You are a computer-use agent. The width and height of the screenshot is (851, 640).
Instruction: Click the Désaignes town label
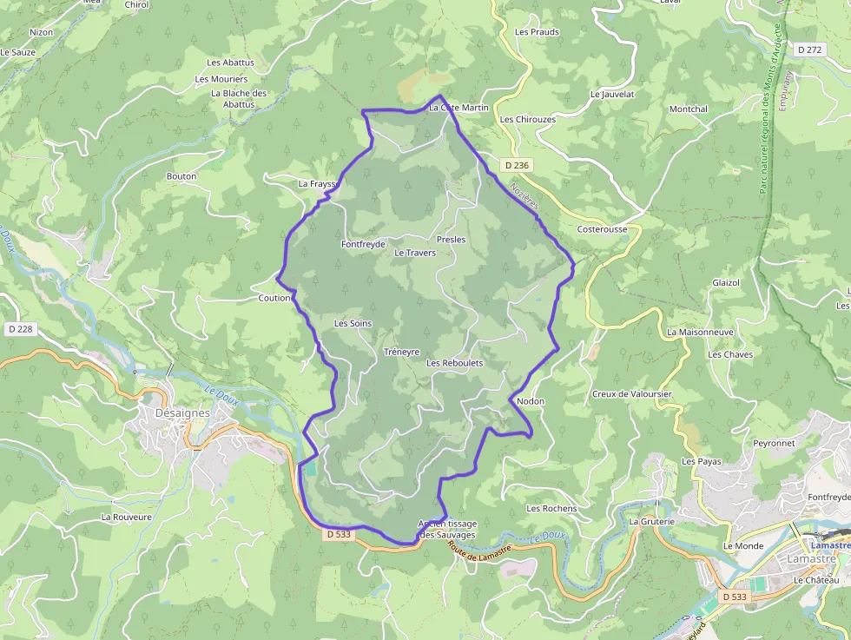182,413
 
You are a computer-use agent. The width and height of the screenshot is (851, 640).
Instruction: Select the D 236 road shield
515,165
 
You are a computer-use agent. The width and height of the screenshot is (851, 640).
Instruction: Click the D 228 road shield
19,329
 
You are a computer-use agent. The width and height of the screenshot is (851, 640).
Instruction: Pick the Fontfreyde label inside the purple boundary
363,245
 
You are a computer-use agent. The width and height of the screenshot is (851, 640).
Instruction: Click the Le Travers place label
415,253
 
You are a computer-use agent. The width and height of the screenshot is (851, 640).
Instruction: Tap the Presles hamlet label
452,240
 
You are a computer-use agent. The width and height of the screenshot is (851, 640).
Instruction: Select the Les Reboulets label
454,363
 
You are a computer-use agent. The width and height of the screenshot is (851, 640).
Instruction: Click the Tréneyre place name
401,353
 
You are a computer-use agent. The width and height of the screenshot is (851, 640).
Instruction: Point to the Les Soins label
353,324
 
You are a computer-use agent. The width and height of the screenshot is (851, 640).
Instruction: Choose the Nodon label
530,402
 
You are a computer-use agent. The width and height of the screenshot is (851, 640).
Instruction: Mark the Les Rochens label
551,509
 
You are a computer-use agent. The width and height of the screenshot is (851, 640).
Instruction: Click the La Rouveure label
127,517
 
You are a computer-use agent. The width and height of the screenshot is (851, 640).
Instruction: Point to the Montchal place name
688,109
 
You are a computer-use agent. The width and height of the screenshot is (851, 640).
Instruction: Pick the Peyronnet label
774,443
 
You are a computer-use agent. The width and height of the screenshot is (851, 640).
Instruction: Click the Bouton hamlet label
181,176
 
